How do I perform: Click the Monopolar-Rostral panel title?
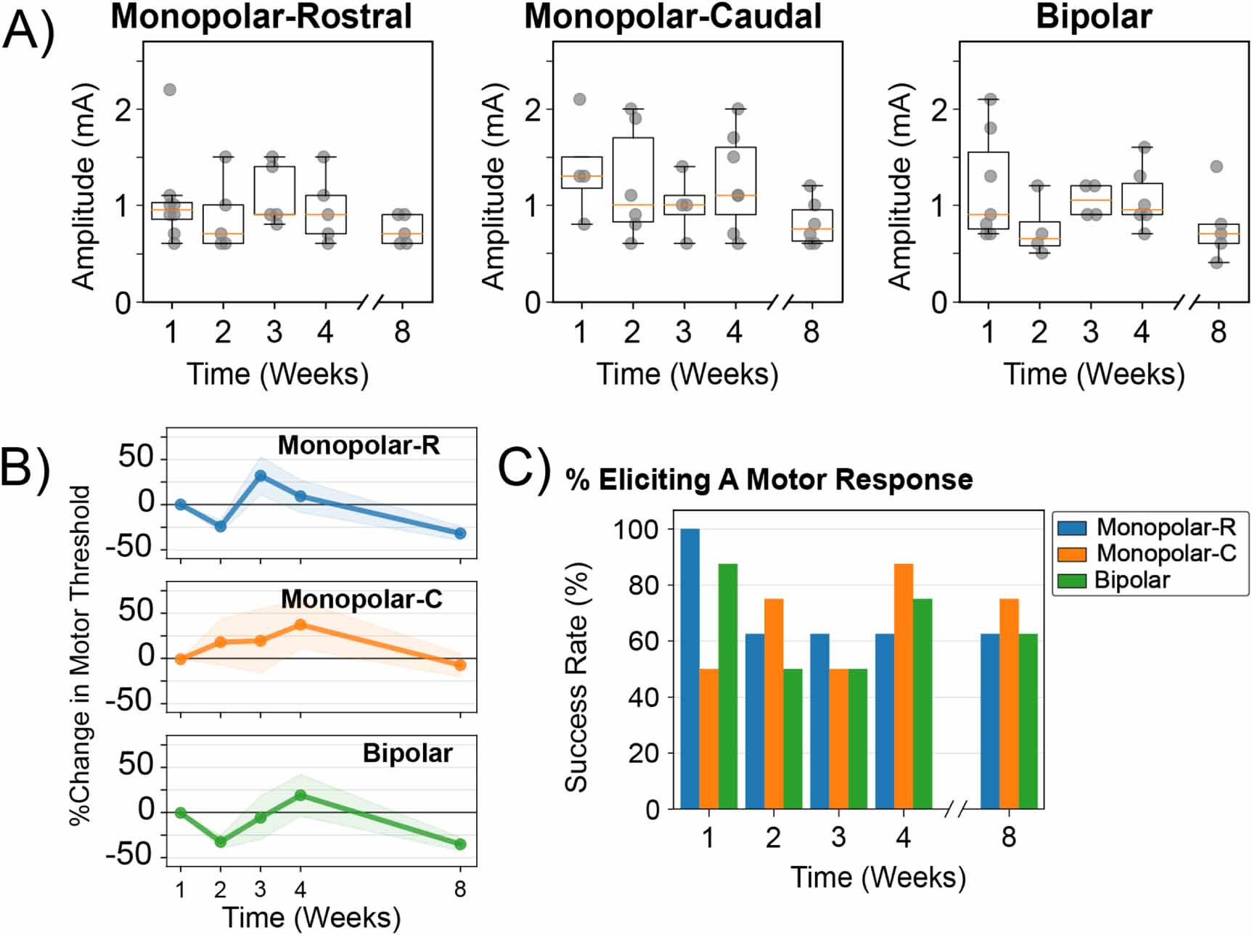click(x=261, y=17)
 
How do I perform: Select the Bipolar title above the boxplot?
click(x=1094, y=17)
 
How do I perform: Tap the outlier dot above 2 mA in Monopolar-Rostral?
click(x=170, y=90)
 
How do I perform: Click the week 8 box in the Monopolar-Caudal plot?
click(x=811, y=225)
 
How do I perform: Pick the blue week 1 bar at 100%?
click(x=690, y=669)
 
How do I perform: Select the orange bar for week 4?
click(x=904, y=686)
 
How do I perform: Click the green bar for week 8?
click(x=1028, y=721)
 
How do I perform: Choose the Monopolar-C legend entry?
click(x=1146, y=553)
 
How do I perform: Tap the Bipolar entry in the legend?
click(x=1115, y=580)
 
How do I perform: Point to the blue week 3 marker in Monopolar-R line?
click(x=261, y=476)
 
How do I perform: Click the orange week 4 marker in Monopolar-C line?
click(x=300, y=624)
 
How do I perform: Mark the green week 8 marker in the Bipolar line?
click(x=460, y=844)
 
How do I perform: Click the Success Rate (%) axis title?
click(x=576, y=677)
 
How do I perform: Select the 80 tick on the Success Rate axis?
click(x=644, y=585)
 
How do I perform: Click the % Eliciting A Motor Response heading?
click(x=769, y=480)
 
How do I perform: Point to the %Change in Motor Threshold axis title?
click(x=81, y=655)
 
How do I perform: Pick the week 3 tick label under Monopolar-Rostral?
click(x=274, y=332)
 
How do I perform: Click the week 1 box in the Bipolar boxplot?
click(x=988, y=190)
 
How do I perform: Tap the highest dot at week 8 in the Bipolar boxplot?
click(x=1217, y=167)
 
